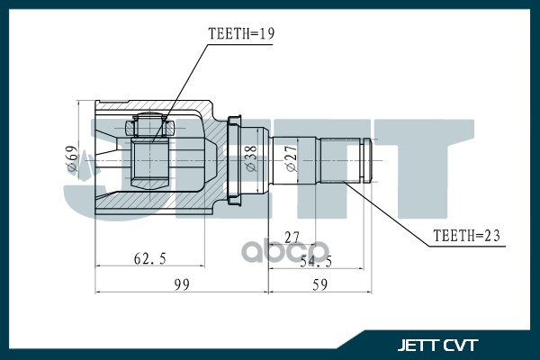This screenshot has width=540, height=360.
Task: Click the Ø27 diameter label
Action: (291, 159)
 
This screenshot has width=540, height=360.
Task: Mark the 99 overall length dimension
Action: (181, 284)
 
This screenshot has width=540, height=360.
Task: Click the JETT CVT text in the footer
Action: (438, 345)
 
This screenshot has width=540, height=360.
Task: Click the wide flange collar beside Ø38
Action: (235, 159)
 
